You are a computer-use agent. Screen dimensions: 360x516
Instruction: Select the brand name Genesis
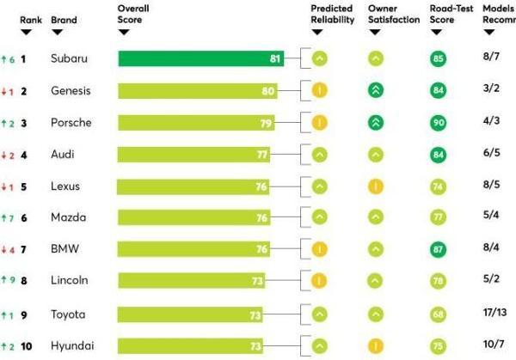click(x=71, y=90)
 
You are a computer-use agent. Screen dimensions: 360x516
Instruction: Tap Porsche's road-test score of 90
click(x=439, y=122)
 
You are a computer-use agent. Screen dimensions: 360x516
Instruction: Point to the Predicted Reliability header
click(x=332, y=14)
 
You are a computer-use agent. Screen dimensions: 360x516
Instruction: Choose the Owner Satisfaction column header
click(x=394, y=14)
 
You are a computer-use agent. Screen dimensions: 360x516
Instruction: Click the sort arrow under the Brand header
click(x=57, y=32)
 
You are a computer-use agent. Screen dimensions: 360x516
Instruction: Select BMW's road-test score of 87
click(x=439, y=249)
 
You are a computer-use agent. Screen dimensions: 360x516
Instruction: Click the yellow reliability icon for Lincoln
click(x=319, y=280)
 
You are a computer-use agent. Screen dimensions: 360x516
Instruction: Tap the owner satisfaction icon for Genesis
click(x=375, y=90)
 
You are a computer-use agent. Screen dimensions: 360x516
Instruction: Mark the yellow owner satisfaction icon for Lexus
click(x=375, y=186)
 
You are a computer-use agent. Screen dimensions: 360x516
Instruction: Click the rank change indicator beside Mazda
click(x=9, y=217)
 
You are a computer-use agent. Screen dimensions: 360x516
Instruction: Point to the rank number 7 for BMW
click(x=24, y=249)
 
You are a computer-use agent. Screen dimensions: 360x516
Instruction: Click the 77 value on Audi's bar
click(x=262, y=154)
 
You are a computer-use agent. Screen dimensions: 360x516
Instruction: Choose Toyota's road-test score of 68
click(x=439, y=314)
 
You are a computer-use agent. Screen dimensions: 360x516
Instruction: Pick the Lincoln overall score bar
click(x=191, y=281)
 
